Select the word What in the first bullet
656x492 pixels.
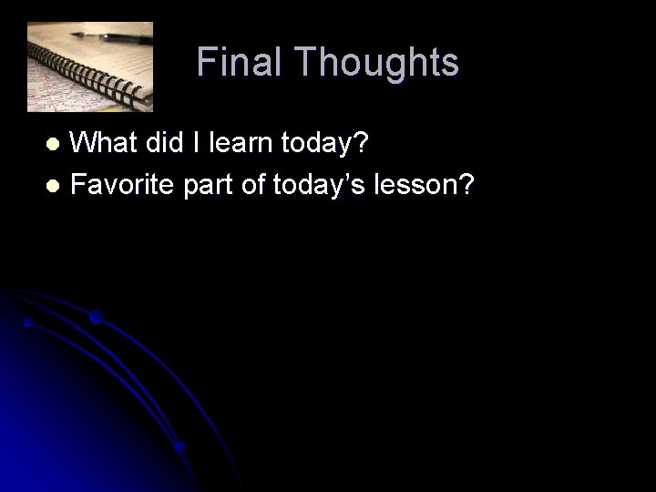[x=102, y=143]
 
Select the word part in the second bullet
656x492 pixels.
[x=210, y=186]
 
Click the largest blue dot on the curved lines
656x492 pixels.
[x=96, y=318]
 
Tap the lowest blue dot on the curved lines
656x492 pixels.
[x=179, y=447]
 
